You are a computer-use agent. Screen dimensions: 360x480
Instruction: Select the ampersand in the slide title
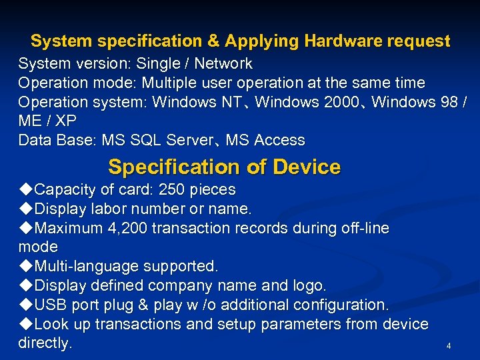pyautogui.click(x=213, y=41)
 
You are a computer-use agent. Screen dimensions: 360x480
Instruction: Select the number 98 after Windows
pyautogui.click(x=448, y=103)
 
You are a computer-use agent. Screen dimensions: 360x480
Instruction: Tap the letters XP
pyautogui.click(x=65, y=121)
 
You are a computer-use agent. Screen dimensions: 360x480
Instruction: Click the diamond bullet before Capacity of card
pyautogui.click(x=25, y=190)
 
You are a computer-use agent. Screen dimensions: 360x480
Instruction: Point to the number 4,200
pyautogui.click(x=127, y=229)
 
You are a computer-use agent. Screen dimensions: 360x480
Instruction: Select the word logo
pyautogui.click(x=309, y=286)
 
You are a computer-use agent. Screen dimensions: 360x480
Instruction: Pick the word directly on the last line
pyautogui.click(x=44, y=344)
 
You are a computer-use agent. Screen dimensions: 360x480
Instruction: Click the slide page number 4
pyautogui.click(x=449, y=346)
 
